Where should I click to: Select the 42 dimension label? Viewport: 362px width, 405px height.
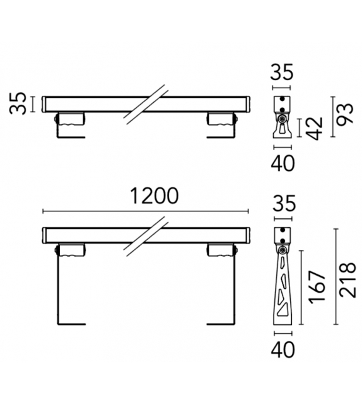pos(317,128)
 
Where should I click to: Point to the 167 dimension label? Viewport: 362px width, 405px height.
pos(317,286)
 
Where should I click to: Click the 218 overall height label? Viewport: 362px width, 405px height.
pos(346,281)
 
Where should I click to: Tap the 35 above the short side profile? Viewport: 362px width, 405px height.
pos(282,73)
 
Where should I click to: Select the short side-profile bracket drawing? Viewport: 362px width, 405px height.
pos(282,117)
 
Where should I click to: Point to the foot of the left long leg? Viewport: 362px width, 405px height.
pos(71,324)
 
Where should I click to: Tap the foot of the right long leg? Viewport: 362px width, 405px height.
pos(221,324)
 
